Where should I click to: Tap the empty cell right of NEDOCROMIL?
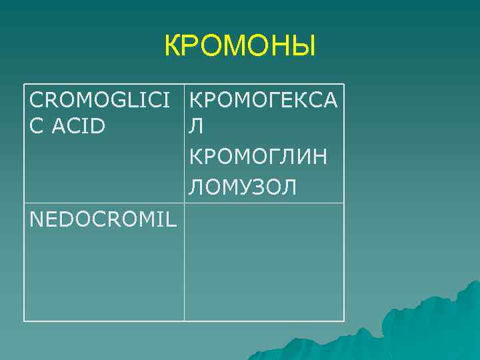pos(264,262)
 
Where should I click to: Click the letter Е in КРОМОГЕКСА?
pos(283,100)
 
